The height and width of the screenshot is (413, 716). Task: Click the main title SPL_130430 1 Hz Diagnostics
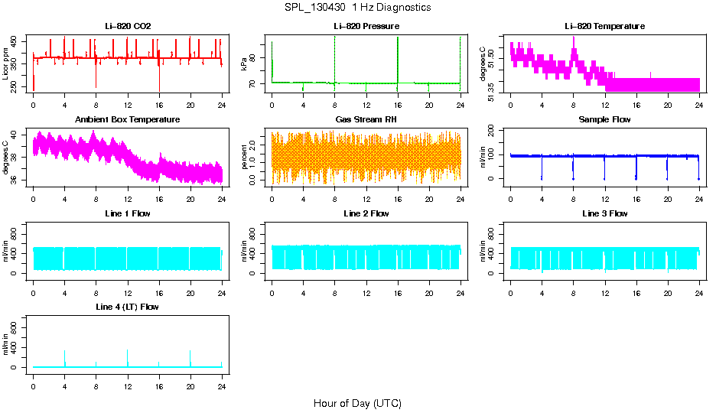point(357,7)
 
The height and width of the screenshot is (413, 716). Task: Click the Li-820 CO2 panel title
point(128,26)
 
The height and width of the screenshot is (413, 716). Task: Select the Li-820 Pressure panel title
point(366,26)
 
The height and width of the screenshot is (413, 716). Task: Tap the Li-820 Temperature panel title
point(604,26)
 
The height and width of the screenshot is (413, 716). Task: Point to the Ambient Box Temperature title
point(128,119)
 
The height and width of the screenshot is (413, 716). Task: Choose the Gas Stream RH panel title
point(366,119)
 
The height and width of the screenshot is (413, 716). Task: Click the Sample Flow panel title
point(604,119)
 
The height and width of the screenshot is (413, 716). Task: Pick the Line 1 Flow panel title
point(128,213)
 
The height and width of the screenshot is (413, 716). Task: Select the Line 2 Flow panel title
point(366,213)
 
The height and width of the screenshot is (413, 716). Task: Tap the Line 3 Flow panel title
point(604,213)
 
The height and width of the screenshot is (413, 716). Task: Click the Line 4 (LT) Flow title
point(128,307)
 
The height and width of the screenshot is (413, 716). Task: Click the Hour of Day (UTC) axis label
point(357,403)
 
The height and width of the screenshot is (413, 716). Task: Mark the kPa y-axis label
point(245,64)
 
